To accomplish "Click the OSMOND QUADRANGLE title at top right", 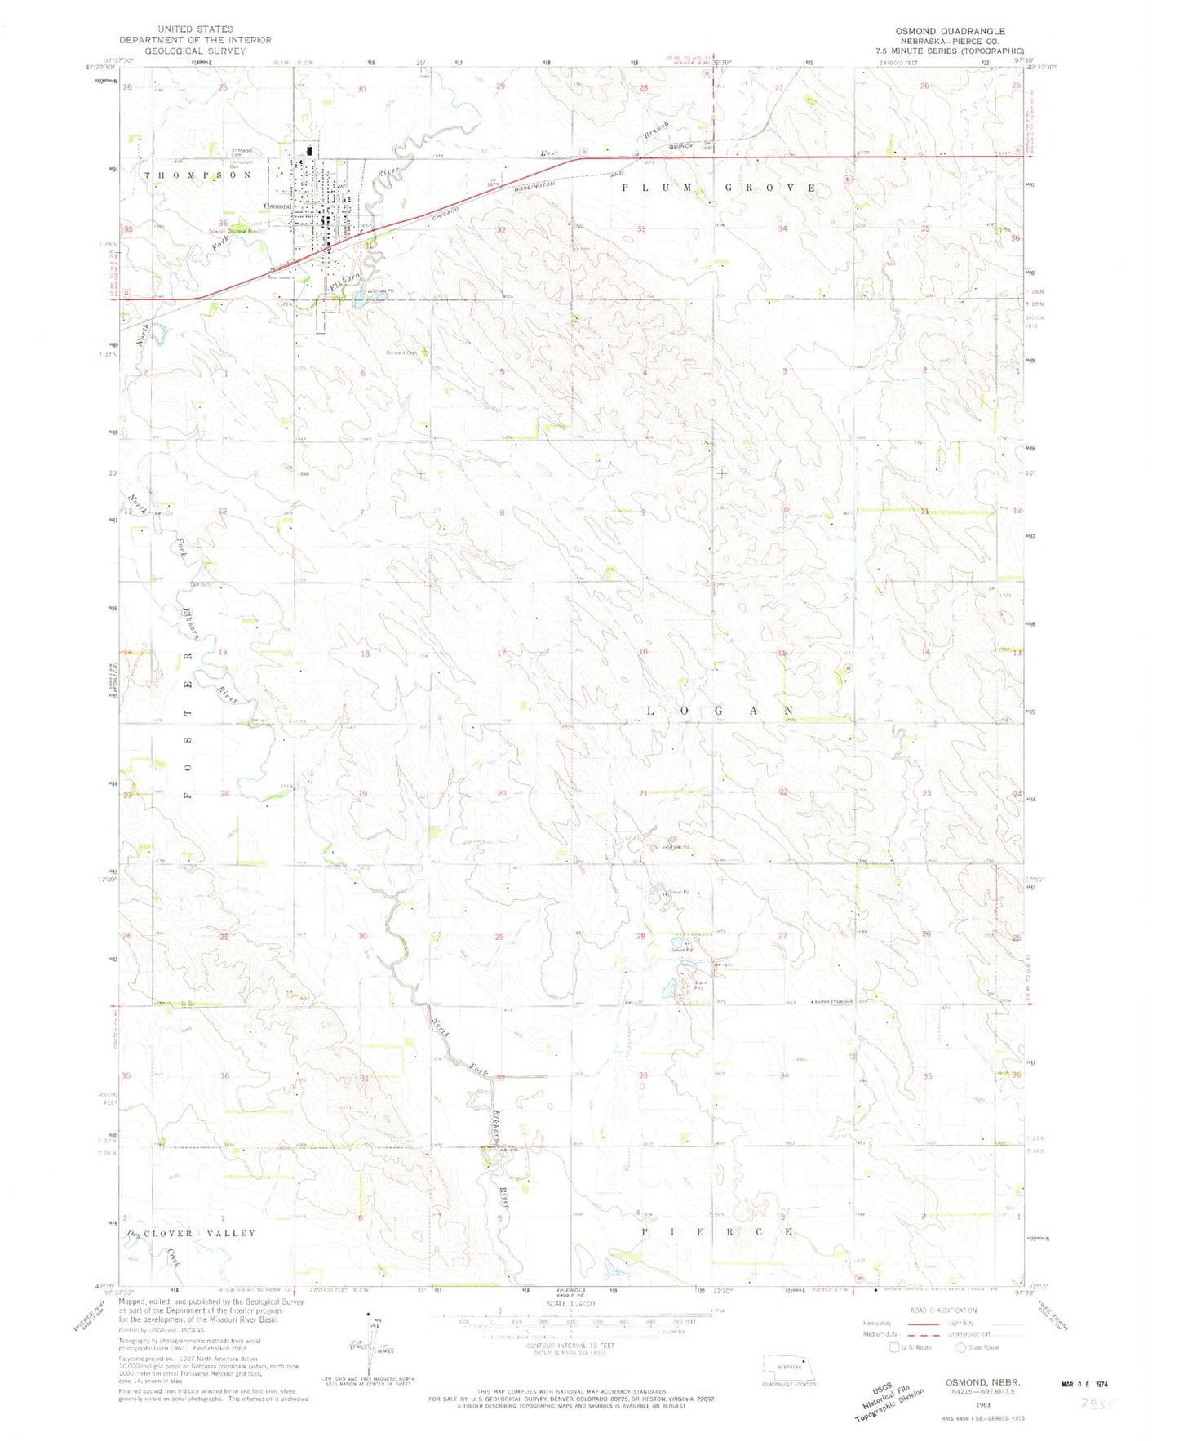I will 950,31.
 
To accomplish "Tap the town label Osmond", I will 277,206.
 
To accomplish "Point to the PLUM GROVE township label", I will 719,188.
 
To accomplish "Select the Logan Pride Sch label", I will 832,1001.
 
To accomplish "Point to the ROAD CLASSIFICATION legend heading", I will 942,1310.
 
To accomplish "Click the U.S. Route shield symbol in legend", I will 894,1347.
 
